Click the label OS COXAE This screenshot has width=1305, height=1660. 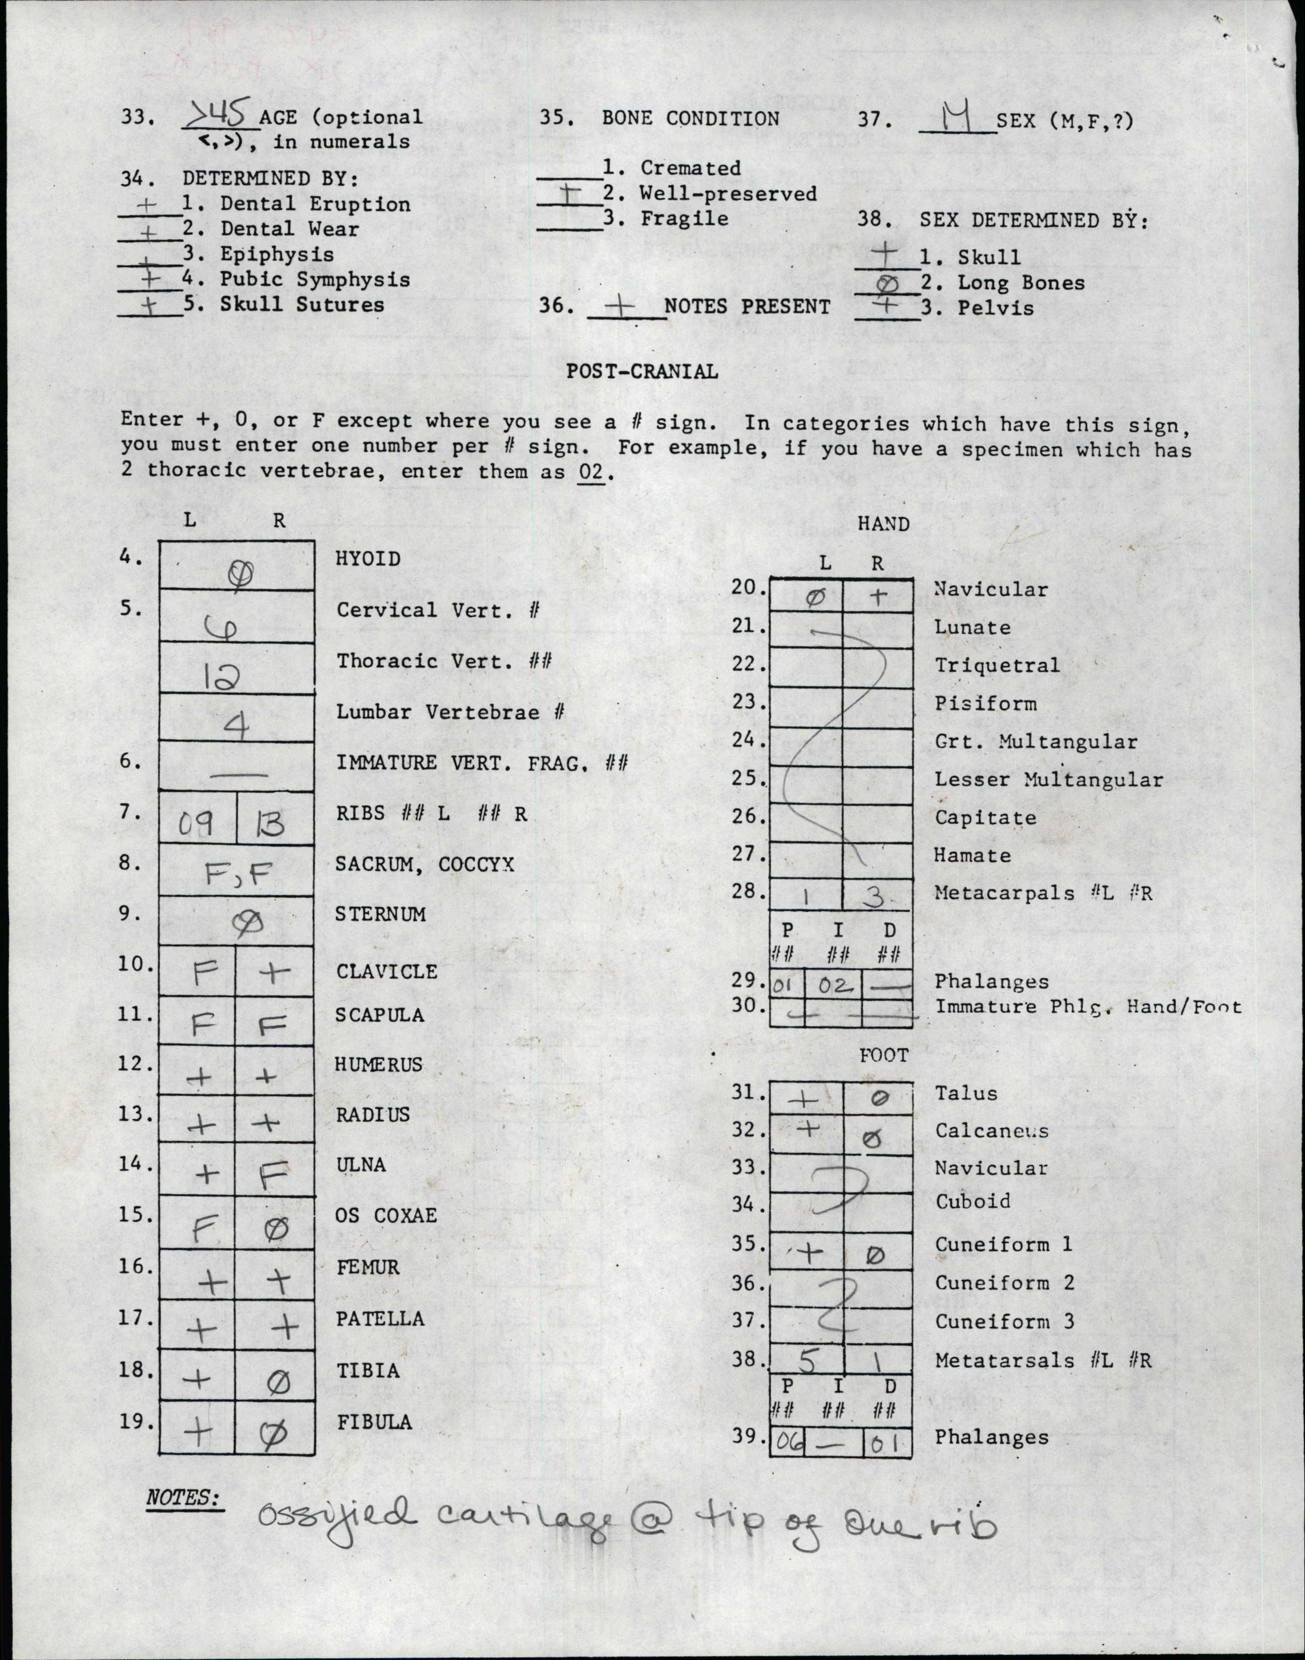(386, 1215)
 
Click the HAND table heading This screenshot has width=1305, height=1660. (883, 524)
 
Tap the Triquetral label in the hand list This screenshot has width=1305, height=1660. (997, 665)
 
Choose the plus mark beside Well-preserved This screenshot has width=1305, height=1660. (569, 194)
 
